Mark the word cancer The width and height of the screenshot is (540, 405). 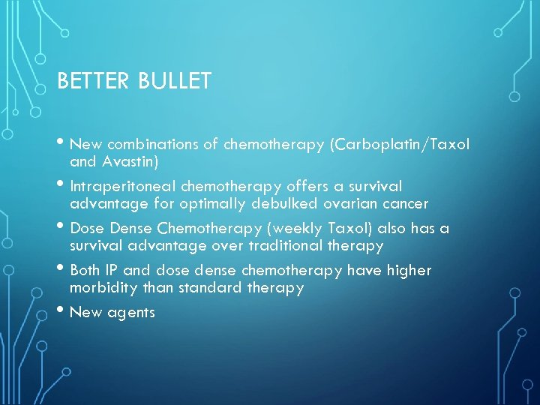[x=405, y=203]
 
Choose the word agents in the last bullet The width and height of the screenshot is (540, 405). [x=131, y=312]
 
